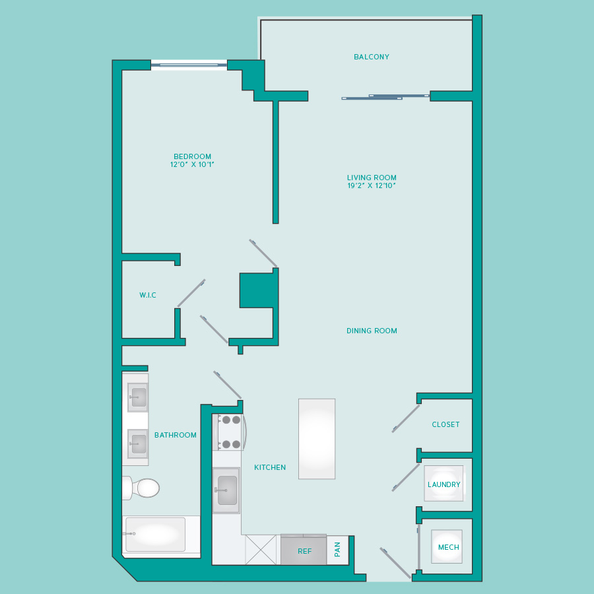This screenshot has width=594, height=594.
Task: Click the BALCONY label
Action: tap(371, 57)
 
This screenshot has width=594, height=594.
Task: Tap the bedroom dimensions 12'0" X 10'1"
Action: tap(192, 164)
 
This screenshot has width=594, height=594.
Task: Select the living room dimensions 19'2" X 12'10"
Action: tap(372, 185)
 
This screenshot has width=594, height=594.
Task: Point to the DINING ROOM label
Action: tap(372, 331)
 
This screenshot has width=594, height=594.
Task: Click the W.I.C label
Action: tap(148, 295)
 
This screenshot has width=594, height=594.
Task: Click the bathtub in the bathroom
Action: tap(155, 534)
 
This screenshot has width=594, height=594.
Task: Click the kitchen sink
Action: tap(226, 490)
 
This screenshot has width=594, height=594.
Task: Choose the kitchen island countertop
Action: tap(317, 439)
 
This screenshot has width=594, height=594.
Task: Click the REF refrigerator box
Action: tap(304, 550)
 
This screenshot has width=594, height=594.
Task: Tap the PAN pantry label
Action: tap(337, 549)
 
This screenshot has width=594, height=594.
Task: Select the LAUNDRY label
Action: tap(444, 484)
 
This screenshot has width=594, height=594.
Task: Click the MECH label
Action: tap(449, 547)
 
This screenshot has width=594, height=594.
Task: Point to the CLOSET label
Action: tap(445, 424)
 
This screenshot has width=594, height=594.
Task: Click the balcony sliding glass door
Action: tap(385, 97)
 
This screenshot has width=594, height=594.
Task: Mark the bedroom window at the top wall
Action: tap(189, 65)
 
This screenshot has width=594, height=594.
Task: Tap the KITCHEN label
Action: tap(270, 467)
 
